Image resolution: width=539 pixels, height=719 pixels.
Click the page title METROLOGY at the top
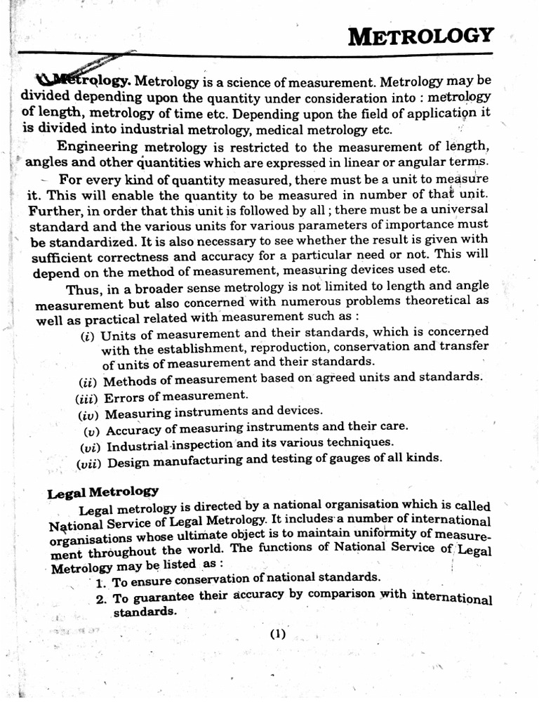[421, 35]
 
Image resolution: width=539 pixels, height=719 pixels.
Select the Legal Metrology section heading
[102, 492]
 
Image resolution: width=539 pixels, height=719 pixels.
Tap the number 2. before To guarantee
[101, 598]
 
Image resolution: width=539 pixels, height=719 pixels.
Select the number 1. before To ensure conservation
[101, 583]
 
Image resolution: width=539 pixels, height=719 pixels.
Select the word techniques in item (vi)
[357, 442]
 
